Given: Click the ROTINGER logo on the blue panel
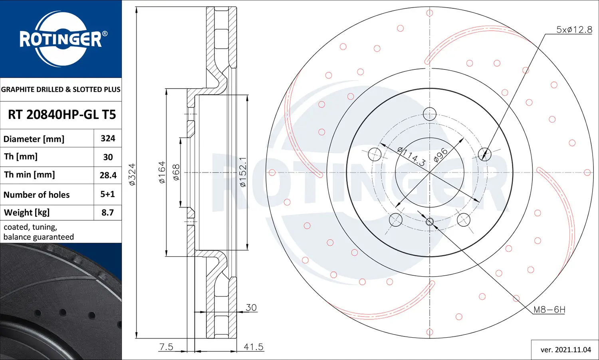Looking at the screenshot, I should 61,39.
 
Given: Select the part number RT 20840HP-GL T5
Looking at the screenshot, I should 62,115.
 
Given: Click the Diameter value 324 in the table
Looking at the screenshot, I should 108,138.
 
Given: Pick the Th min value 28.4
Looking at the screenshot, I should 108,175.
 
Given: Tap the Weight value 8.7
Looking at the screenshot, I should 107,213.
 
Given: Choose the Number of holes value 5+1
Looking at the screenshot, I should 107,194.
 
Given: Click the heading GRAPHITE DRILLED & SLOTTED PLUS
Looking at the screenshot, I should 61,89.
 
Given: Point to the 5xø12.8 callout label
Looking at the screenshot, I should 574,30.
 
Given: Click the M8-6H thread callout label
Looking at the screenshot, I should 549,310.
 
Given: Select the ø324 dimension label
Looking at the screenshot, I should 132,174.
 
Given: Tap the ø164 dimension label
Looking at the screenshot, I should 162,172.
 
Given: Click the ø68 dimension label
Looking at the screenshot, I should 176,172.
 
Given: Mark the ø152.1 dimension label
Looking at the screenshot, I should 243,172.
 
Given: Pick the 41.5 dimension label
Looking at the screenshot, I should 254,347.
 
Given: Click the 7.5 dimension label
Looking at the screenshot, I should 166,347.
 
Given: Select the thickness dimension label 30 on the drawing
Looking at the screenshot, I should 251,308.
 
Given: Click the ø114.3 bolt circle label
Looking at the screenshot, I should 411,156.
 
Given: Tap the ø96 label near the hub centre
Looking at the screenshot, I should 440,155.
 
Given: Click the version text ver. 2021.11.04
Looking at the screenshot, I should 565,350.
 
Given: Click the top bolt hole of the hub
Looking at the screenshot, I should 430,114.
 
